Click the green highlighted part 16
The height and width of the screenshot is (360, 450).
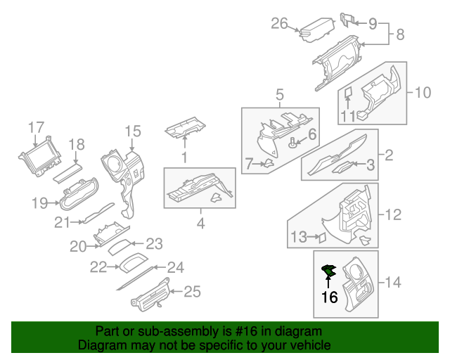point(328,271)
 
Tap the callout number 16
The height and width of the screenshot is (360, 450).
point(329,297)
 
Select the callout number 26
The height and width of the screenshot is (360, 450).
point(280,25)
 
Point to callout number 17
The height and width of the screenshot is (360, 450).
point(36,127)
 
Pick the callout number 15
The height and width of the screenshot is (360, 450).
point(133,131)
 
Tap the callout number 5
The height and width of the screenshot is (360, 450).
point(279,94)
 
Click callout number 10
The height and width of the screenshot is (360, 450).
point(423,92)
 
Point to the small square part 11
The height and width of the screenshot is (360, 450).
point(347,92)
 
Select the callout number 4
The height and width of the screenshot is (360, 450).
point(200,224)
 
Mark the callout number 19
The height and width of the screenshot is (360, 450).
point(40,204)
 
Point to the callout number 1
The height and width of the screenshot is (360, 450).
point(184,159)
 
